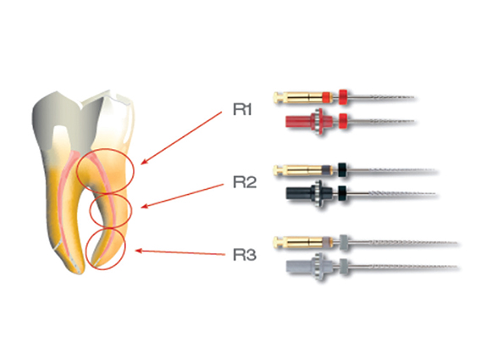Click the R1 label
tap(242, 109)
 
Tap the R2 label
tap(245, 182)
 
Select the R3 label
tap(245, 255)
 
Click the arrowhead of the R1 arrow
tap(144, 163)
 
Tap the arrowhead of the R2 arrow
tap(144, 206)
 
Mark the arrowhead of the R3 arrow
tap(138, 251)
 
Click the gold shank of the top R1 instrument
tap(299, 97)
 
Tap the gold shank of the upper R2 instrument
tap(299, 169)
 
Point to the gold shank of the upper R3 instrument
tap(299, 242)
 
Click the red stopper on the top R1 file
tap(344, 97)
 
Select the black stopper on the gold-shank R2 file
tap(343, 169)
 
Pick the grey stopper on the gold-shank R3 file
tap(344, 241)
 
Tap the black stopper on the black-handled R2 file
tap(343, 193)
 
